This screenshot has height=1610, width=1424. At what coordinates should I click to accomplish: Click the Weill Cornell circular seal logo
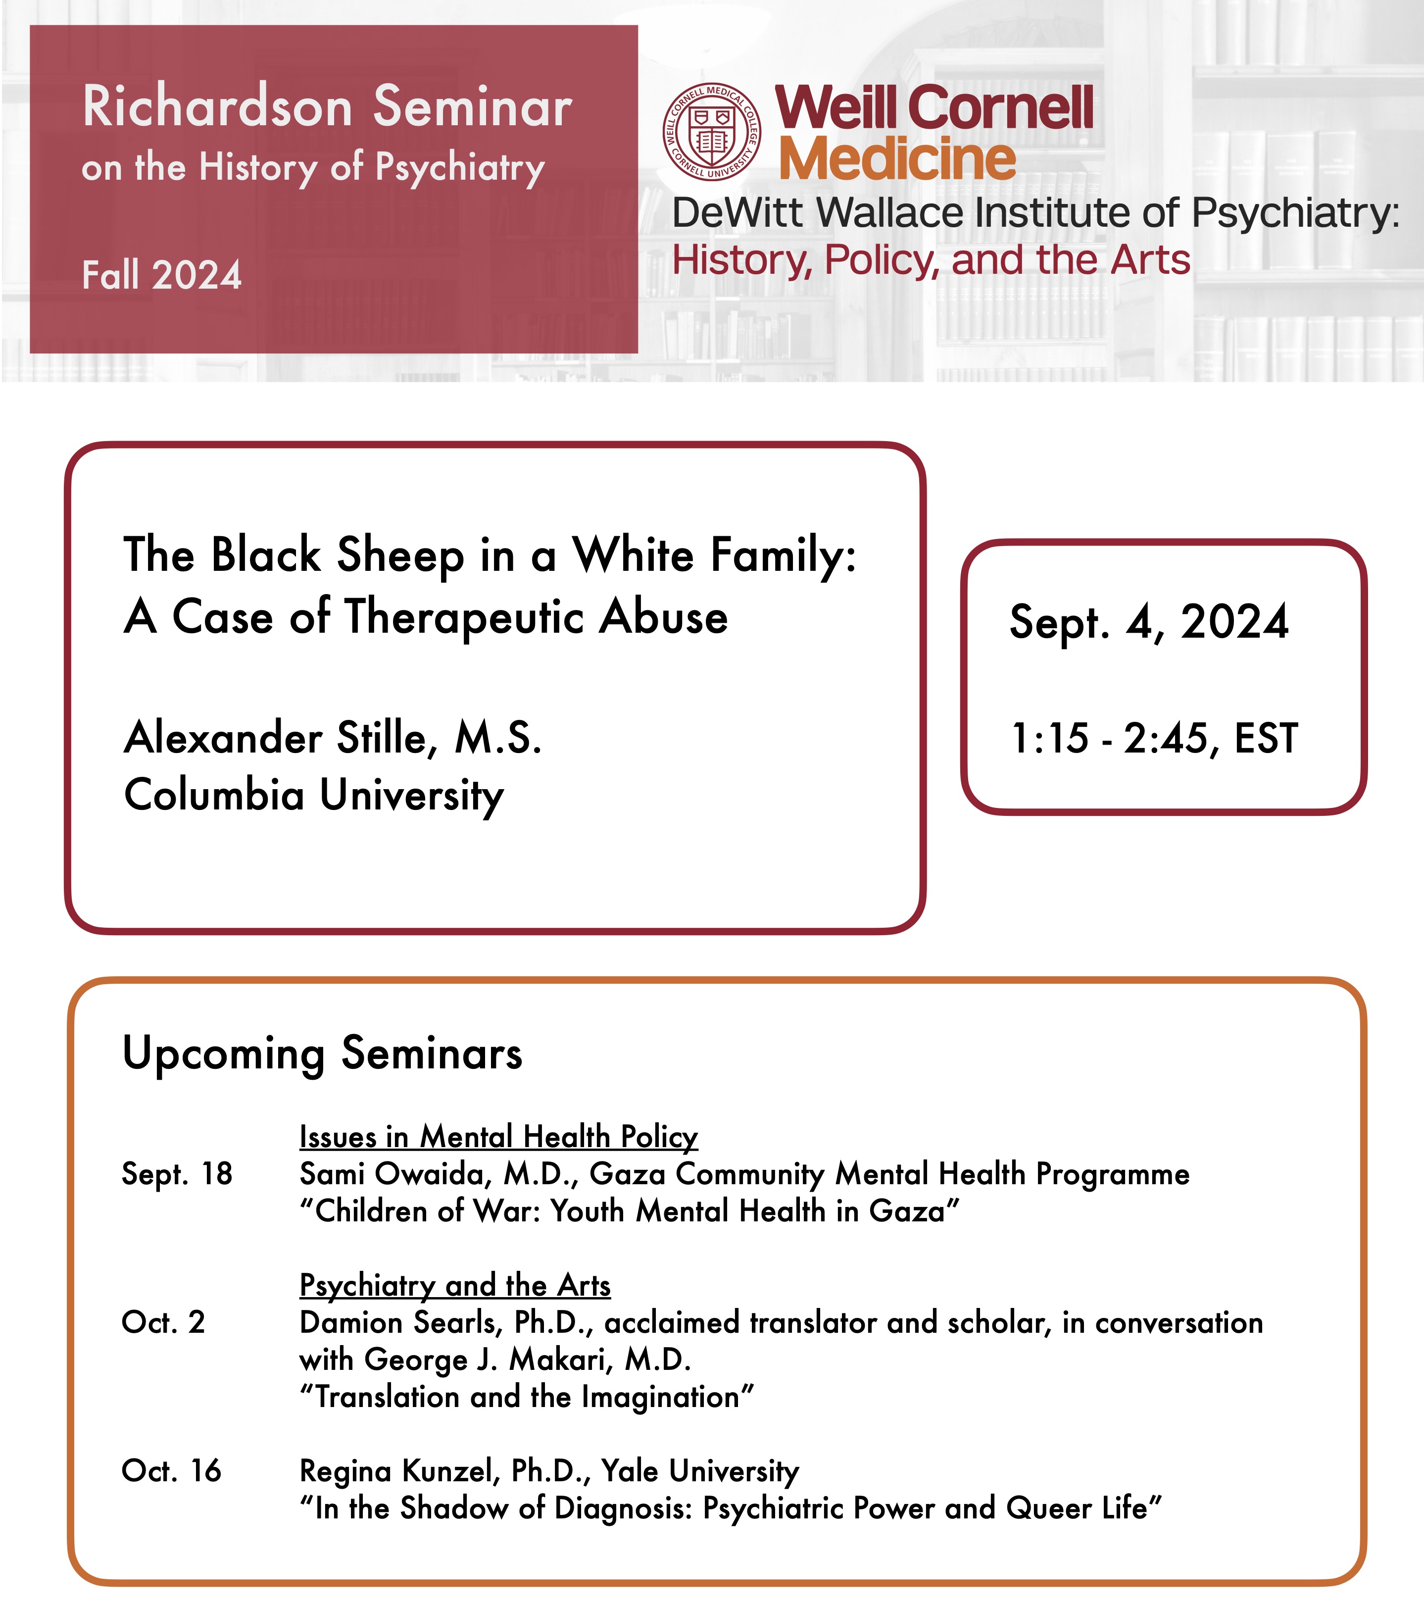click(x=712, y=132)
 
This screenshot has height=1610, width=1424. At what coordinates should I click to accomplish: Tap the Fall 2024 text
click(x=161, y=275)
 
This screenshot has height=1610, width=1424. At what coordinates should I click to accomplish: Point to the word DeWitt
click(x=739, y=213)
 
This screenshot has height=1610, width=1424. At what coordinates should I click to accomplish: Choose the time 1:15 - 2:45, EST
click(x=1154, y=738)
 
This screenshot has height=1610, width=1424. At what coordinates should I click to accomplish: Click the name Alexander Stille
click(x=276, y=738)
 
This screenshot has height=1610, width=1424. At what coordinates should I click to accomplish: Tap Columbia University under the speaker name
click(x=313, y=795)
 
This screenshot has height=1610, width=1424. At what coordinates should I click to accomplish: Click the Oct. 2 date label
click(x=163, y=1322)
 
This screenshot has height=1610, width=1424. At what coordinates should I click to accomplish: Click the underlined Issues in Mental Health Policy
click(x=498, y=1137)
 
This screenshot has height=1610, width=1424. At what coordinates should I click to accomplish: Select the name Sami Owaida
click(x=390, y=1174)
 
